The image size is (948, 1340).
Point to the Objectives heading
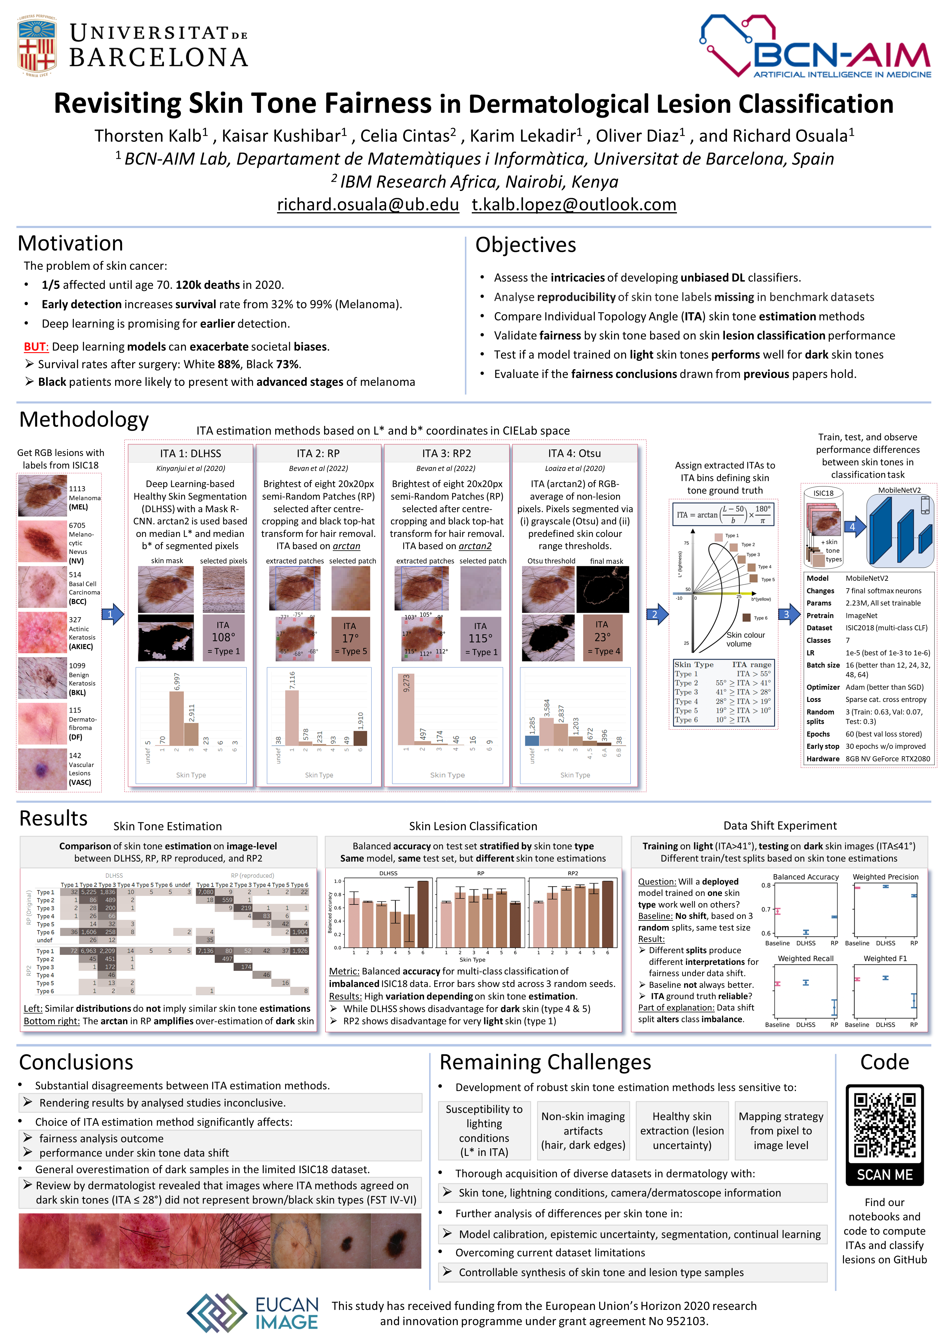pyautogui.click(x=525, y=245)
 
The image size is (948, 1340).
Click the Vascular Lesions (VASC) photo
pyautogui.click(x=42, y=769)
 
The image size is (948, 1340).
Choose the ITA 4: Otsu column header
pyautogui.click(x=574, y=453)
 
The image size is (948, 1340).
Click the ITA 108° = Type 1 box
pyautogui.click(x=223, y=638)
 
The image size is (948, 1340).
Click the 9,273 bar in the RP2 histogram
pyautogui.click(x=406, y=710)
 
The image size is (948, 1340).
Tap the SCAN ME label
pyautogui.click(x=884, y=1175)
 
